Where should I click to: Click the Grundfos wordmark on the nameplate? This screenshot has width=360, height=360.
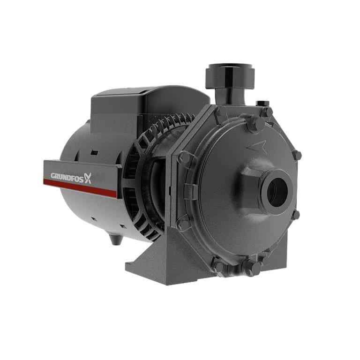coord(67,177)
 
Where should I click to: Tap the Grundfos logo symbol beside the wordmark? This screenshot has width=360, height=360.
coord(88,178)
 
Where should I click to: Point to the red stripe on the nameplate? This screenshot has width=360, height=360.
coord(80,188)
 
